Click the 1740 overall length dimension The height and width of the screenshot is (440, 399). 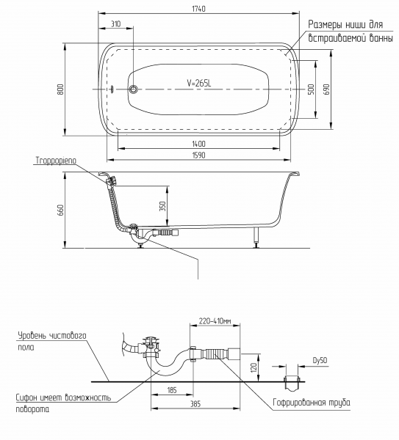(199, 9)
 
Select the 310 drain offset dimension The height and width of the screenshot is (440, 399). (115, 24)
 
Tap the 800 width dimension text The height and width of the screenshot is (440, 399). (61, 89)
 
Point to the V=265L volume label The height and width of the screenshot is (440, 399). (199, 83)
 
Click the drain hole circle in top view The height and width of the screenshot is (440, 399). (133, 89)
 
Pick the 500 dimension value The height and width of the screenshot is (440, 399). (311, 89)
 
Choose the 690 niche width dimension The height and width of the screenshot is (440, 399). (326, 89)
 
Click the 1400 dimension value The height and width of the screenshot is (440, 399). (199, 144)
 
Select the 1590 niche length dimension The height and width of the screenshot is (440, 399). (199, 155)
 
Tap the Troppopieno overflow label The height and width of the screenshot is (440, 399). (56, 161)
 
